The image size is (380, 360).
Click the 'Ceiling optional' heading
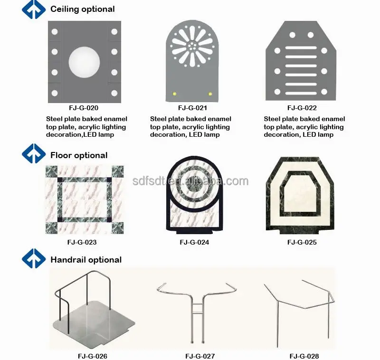coord(82,9)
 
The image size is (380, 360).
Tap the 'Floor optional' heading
coord(79,155)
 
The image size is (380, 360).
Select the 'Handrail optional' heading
coord(86,260)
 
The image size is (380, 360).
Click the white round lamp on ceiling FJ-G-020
coord(85,62)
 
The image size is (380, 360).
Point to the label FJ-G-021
coord(193,108)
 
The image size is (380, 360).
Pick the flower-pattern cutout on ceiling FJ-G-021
coord(192,47)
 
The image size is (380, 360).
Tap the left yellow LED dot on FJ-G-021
coord(174,93)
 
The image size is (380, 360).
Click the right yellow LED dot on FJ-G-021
coord(210,93)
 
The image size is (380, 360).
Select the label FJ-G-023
coord(82,242)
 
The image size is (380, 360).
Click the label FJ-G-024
coord(194,242)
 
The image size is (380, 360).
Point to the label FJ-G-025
coord(302,242)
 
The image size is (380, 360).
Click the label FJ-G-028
coord(304,356)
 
